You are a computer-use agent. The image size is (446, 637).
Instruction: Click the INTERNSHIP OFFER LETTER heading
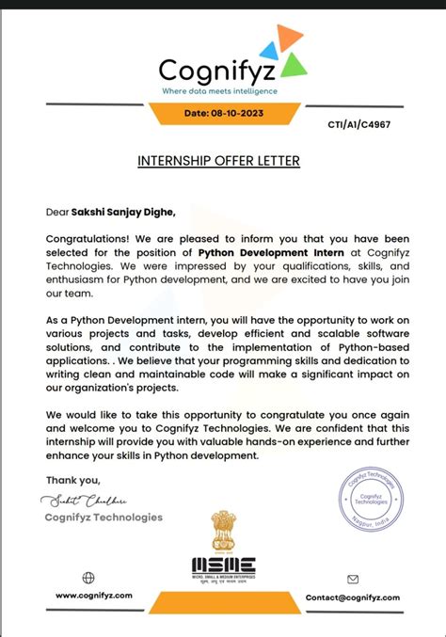pyautogui.click(x=218, y=161)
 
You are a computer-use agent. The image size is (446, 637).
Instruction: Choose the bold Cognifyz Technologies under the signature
pyautogui.click(x=104, y=518)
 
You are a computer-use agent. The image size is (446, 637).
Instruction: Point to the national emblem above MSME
pyautogui.click(x=223, y=531)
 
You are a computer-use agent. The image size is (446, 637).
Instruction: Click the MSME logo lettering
pyautogui.click(x=223, y=565)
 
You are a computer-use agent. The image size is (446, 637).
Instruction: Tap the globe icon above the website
pyautogui.click(x=88, y=578)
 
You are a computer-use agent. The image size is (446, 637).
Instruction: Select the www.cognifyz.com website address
pyautogui.click(x=94, y=597)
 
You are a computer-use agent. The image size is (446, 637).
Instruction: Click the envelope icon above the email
pyautogui.click(x=353, y=580)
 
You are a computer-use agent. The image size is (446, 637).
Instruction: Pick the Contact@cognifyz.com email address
pyautogui.click(x=353, y=597)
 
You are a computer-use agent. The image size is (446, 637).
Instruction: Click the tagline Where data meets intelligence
pyautogui.click(x=219, y=91)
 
